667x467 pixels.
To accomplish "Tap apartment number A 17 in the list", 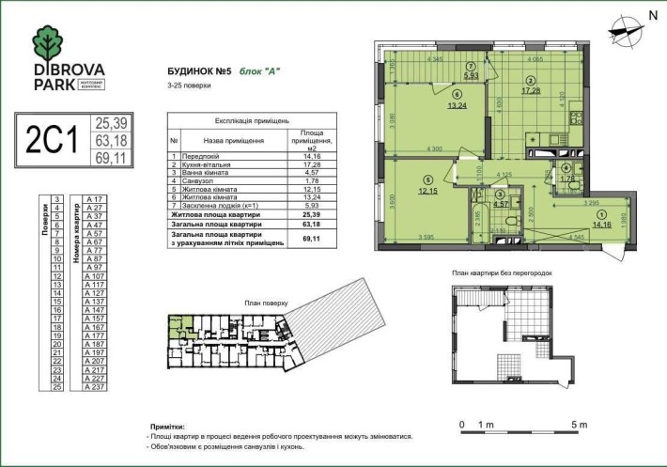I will (93, 200).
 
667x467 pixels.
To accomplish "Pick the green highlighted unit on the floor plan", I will (177, 328).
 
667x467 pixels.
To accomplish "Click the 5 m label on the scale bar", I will (577, 425).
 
